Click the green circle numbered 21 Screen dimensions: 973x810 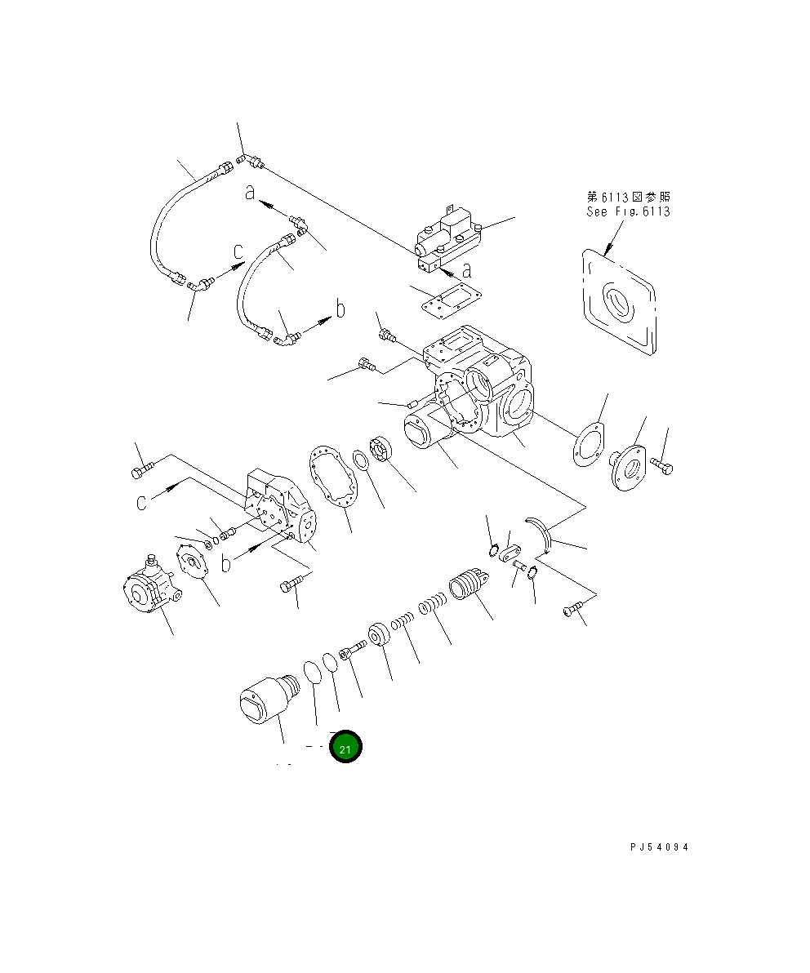pyautogui.click(x=345, y=746)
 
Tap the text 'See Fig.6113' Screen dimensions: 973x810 pyautogui.click(x=628, y=211)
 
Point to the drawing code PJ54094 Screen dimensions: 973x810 pyautogui.click(x=659, y=847)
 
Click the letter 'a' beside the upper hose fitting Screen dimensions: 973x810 pyautogui.click(x=253, y=193)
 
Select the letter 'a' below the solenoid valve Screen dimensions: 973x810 pyautogui.click(x=467, y=269)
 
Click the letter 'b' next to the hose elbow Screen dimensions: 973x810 pyautogui.click(x=340, y=309)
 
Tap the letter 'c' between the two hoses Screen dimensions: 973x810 pyautogui.click(x=238, y=251)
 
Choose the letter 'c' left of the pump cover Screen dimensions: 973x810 pyautogui.click(x=142, y=502)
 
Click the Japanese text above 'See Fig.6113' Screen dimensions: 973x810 pyautogui.click(x=629, y=197)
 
